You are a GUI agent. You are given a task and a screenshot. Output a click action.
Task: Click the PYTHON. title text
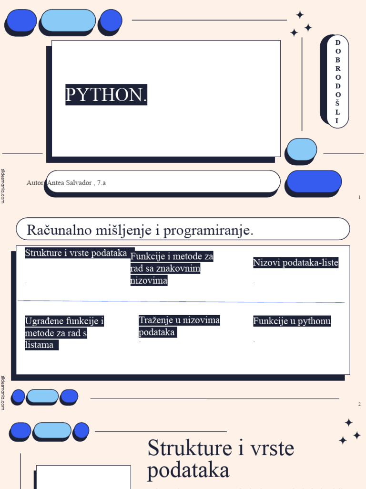(106, 95)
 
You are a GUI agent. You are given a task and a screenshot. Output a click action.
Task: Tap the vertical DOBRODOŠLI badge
(337, 82)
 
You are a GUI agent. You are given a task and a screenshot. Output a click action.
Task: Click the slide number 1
(359, 197)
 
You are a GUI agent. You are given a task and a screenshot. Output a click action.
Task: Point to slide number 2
(359, 404)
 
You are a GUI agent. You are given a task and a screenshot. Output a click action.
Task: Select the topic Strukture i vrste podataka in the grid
(76, 253)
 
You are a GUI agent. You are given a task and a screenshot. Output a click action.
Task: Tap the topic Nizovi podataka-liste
(295, 262)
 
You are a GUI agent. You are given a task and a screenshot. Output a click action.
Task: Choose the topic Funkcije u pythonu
(292, 321)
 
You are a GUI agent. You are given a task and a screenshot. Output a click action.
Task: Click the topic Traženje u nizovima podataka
(179, 326)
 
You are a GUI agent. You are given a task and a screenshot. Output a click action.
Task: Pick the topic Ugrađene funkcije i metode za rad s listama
(64, 333)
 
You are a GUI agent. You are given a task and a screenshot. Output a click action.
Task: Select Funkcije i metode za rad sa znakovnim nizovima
(172, 268)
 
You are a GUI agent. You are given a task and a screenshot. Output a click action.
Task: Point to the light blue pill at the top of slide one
(69, 20)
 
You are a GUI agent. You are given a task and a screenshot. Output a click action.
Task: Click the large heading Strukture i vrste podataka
(221, 459)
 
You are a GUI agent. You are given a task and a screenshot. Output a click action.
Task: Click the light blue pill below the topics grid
(43, 396)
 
